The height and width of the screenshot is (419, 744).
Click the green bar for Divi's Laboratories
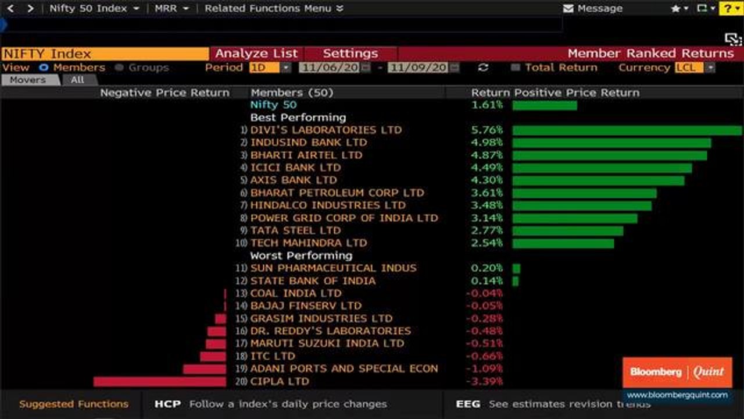tap(627, 130)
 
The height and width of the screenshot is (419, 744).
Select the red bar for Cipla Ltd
tap(159, 382)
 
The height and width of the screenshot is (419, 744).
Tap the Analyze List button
tap(256, 54)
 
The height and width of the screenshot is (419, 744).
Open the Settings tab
tap(350, 54)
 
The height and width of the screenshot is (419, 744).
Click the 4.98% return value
tap(487, 143)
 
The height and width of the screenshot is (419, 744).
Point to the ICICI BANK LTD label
tap(295, 168)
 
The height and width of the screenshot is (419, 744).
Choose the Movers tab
tap(28, 80)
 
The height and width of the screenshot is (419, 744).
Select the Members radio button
tap(44, 68)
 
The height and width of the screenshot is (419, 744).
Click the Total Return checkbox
tap(515, 68)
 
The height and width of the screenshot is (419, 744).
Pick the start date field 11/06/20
tap(330, 68)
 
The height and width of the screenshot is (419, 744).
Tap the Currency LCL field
tap(689, 68)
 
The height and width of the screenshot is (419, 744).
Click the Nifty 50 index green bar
tap(545, 105)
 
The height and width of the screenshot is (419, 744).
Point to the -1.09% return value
tap(484, 369)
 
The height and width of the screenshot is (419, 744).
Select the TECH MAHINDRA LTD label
tap(309, 243)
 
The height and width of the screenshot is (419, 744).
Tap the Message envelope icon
tap(568, 9)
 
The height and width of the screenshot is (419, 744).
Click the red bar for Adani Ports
tap(204, 369)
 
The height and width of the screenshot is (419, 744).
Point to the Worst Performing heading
tap(301, 256)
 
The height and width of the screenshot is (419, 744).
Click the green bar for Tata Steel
tap(567, 231)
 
